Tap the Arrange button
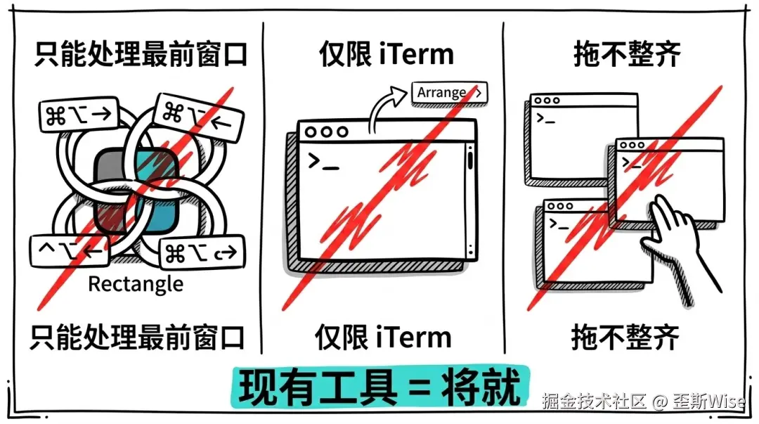pyautogui.click(x=449, y=93)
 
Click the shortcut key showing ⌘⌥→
pyautogui.click(x=79, y=115)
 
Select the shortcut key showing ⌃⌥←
pyautogui.click(x=69, y=250)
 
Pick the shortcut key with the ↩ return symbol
pyautogui.click(x=202, y=252)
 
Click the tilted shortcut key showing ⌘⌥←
pyautogui.click(x=198, y=117)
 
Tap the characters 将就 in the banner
pyautogui.click(x=481, y=387)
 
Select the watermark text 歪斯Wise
pyautogui.click(x=708, y=401)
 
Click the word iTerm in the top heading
pyautogui.click(x=416, y=53)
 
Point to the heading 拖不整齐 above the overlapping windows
pyautogui.click(x=627, y=53)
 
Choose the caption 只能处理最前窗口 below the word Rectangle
pyautogui.click(x=138, y=338)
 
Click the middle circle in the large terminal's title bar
pyautogui.click(x=326, y=131)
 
